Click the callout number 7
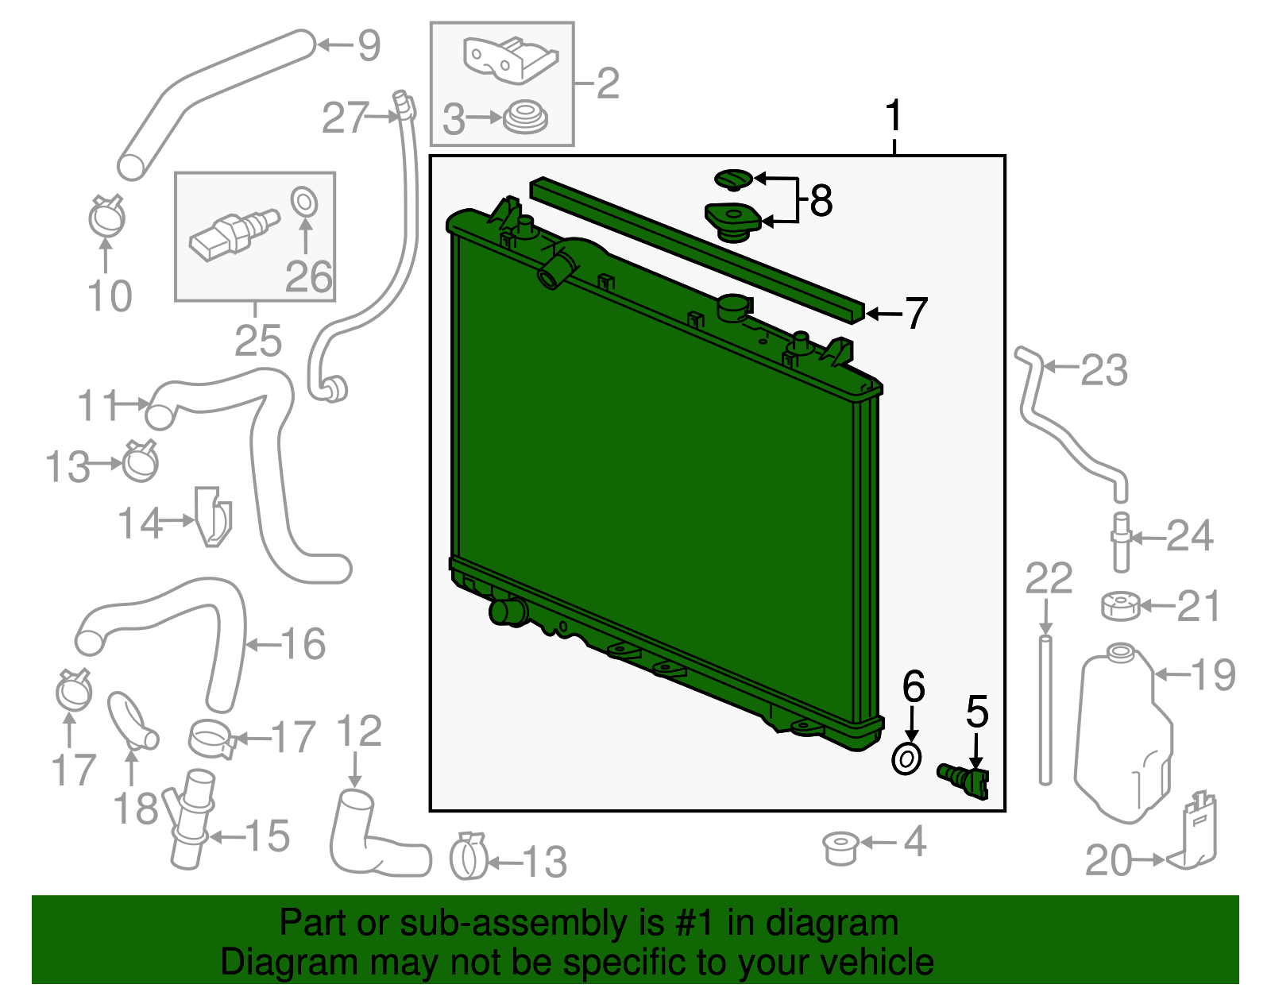click(916, 313)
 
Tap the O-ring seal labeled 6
click(906, 758)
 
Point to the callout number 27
click(346, 118)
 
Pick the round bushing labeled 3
click(525, 118)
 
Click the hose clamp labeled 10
click(106, 216)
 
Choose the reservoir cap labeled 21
click(1120, 606)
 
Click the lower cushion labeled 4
click(840, 847)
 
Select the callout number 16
click(303, 643)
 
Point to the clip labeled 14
click(214, 516)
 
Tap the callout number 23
click(1103, 370)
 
